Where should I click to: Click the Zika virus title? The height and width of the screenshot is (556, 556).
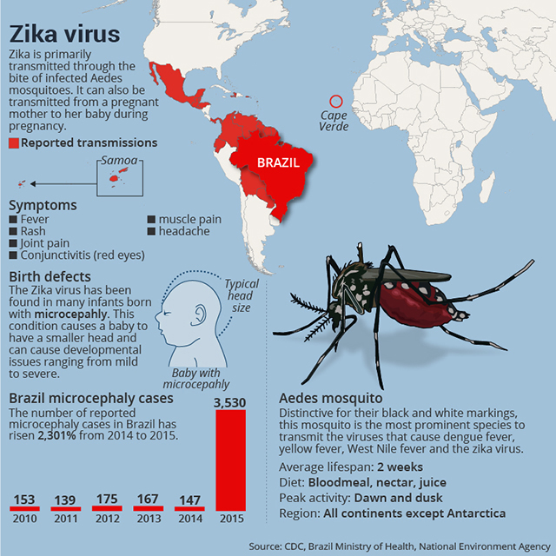64,36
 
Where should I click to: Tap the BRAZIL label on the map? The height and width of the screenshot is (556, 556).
278,162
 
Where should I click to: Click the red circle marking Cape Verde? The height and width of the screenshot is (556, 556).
335,103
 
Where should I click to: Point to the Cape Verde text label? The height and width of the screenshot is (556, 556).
334,121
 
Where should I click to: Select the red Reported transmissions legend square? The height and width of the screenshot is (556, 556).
13,143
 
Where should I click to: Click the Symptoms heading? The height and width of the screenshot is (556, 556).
43,206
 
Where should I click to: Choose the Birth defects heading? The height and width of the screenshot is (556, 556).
50,277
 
